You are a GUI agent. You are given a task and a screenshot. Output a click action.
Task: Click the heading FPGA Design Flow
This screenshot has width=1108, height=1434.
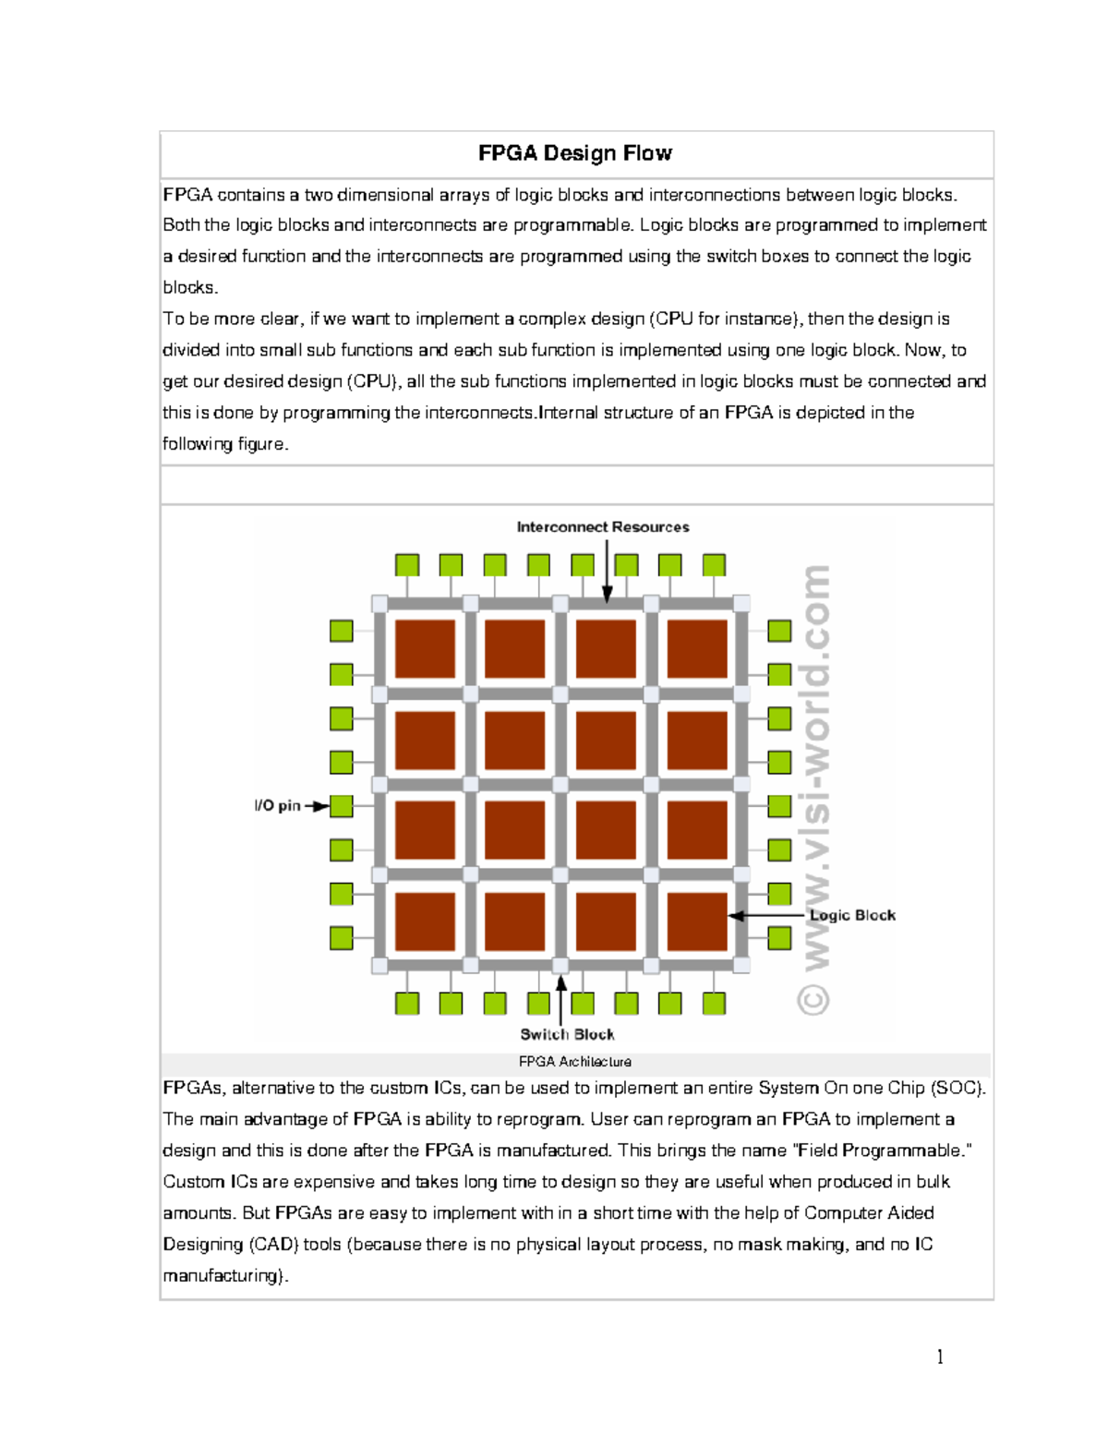pyautogui.click(x=574, y=153)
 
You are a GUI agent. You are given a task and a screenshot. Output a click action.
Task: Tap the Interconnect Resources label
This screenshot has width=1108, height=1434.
pyautogui.click(x=602, y=527)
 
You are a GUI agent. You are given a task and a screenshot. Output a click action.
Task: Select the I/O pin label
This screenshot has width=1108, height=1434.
pyautogui.click(x=277, y=806)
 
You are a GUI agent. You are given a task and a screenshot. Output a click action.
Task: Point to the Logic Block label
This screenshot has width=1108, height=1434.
pyautogui.click(x=852, y=915)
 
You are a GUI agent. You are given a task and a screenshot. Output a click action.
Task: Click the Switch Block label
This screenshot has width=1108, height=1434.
pyautogui.click(x=567, y=1034)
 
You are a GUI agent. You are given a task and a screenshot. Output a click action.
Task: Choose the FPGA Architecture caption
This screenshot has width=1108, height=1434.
pyautogui.click(x=574, y=1062)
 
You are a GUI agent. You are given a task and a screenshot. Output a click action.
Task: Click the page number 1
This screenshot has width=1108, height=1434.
pyautogui.click(x=940, y=1356)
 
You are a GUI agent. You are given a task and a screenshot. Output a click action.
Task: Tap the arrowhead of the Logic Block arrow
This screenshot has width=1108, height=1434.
pyautogui.click(x=735, y=916)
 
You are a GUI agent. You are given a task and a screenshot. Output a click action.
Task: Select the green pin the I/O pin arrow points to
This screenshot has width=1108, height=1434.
pyautogui.click(x=342, y=806)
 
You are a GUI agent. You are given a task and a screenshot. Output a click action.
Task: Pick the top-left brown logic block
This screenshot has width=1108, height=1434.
pyautogui.click(x=425, y=649)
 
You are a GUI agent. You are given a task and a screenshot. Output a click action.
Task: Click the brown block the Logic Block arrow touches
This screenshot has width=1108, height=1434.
pyautogui.click(x=697, y=921)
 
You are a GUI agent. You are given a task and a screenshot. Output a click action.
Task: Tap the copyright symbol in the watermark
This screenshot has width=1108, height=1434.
pyautogui.click(x=813, y=999)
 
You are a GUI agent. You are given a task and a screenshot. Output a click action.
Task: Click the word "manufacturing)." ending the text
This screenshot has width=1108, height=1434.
pyautogui.click(x=225, y=1276)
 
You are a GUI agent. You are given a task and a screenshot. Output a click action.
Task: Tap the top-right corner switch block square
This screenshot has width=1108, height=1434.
pyautogui.click(x=741, y=603)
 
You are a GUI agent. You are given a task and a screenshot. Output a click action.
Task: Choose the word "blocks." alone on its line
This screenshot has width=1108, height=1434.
pyautogui.click(x=190, y=288)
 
